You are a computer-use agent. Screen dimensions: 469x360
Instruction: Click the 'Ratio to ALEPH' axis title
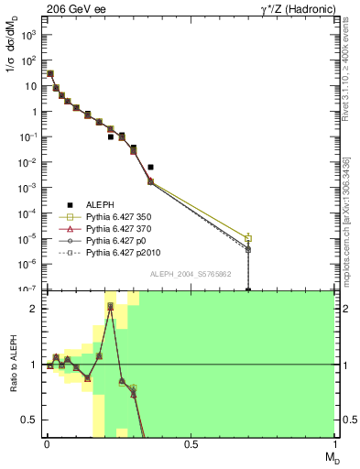12,365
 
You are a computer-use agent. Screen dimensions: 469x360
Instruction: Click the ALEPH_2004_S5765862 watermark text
189,274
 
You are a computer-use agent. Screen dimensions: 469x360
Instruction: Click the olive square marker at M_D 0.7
248,237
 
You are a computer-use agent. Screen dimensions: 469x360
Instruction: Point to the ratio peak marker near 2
110,307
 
